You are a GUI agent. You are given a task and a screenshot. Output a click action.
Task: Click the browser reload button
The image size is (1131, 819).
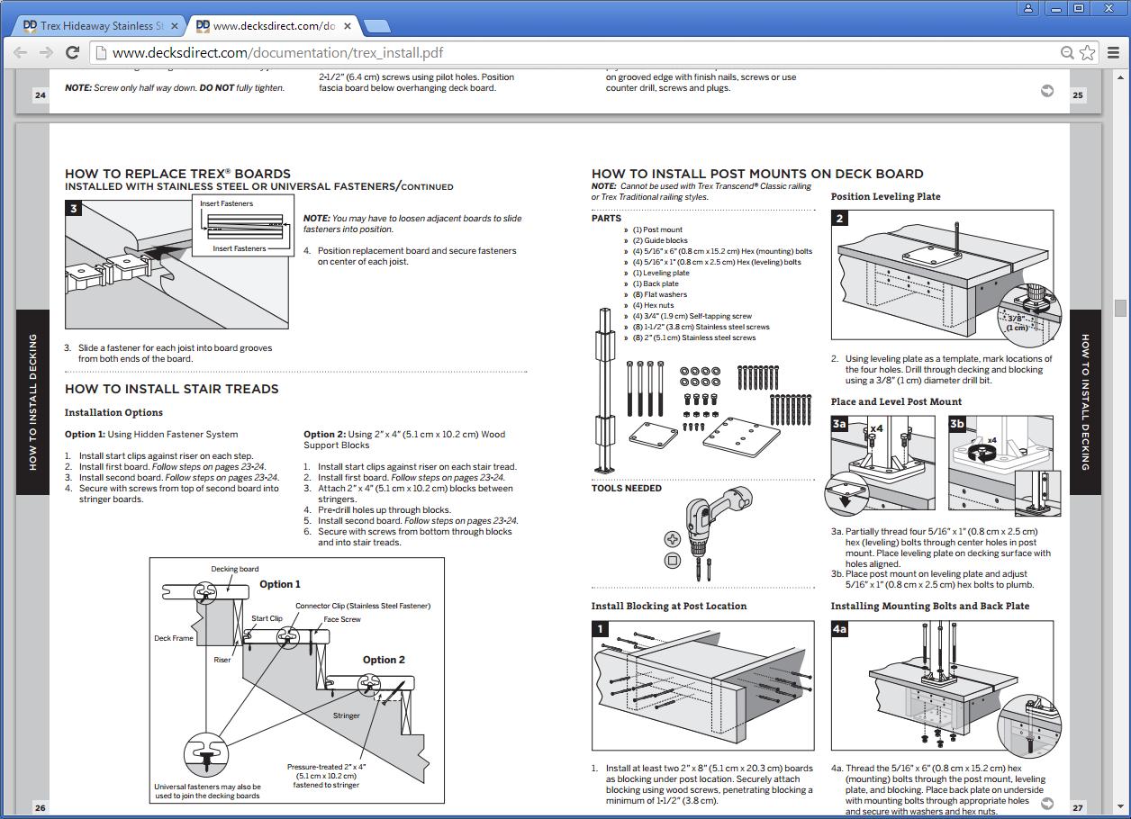(73, 52)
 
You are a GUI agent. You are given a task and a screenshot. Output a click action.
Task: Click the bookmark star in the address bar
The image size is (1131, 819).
(1087, 52)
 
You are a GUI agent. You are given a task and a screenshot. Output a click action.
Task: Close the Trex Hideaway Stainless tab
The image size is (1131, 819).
(175, 26)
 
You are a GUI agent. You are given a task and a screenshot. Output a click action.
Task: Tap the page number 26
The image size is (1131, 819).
(41, 807)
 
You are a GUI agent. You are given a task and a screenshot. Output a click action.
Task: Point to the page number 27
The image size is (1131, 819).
(1078, 807)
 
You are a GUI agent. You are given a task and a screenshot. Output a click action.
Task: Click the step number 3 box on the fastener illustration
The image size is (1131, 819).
(74, 209)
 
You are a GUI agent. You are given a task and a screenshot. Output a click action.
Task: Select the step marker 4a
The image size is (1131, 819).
(839, 629)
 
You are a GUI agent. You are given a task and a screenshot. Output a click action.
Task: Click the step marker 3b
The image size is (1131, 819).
(957, 423)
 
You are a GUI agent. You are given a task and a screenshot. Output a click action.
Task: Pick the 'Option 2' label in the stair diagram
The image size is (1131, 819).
(384, 660)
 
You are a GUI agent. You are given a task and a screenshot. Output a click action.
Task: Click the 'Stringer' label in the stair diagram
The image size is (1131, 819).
(347, 715)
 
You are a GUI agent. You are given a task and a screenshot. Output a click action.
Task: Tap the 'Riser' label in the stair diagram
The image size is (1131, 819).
(222, 660)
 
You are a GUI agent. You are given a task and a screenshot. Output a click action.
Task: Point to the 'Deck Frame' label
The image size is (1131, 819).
(174, 638)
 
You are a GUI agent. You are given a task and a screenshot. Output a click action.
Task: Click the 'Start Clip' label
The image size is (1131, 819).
(267, 618)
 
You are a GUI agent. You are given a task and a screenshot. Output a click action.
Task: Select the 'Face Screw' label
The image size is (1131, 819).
(342, 619)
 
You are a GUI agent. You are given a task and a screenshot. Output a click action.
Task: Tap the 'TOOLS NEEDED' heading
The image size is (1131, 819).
(627, 488)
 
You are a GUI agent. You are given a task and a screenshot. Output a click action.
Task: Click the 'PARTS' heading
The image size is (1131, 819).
(606, 218)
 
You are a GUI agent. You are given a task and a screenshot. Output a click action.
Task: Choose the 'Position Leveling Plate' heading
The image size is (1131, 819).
(885, 196)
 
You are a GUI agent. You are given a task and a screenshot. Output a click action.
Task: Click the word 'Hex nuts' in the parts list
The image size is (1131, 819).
(659, 305)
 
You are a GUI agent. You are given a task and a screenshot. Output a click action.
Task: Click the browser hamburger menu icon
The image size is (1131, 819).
(1113, 52)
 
